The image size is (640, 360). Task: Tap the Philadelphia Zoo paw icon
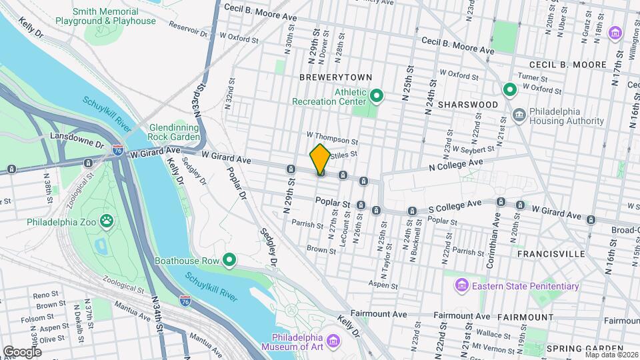pos(106,219)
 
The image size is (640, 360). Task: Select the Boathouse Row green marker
pos(230,259)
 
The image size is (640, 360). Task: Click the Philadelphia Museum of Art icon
pos(334,341)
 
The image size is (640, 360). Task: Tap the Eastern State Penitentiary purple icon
pos(461,286)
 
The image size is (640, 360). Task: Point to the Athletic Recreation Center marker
pos(376,96)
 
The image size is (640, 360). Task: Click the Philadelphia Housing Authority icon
pos(519,117)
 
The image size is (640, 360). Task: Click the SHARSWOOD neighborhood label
pos(468,105)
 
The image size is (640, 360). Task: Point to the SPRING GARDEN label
pos(577,349)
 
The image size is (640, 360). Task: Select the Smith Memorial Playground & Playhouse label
pos(115,16)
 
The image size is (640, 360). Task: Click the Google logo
pos(22,351)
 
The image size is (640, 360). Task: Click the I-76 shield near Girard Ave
pos(118,150)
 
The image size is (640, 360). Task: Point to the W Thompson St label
pos(332,141)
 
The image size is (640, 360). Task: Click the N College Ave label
pos(455,162)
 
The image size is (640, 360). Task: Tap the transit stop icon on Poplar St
pos(361,205)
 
